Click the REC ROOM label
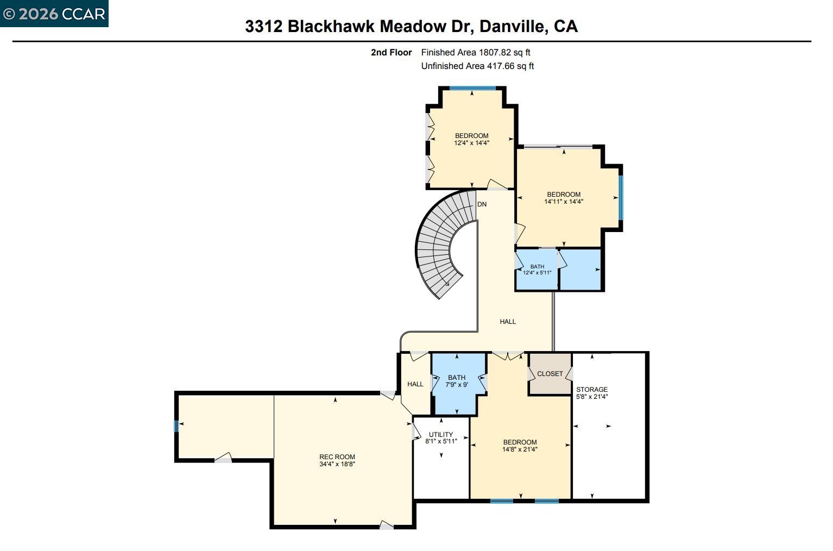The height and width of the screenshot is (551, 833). click(337, 457)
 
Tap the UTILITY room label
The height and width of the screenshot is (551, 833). click(440, 435)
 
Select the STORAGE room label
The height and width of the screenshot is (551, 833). click(591, 390)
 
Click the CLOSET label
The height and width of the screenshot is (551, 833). click(550, 374)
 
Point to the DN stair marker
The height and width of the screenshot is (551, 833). click(482, 204)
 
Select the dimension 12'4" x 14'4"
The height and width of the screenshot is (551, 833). click(471, 143)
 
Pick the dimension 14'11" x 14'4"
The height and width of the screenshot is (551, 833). click(564, 202)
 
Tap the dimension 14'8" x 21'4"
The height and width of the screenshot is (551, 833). click(520, 449)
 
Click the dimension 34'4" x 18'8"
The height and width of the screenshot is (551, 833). click(337, 464)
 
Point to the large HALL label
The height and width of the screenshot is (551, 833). click(508, 322)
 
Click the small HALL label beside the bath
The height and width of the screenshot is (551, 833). click(415, 384)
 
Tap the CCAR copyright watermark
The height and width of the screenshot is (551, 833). click(54, 14)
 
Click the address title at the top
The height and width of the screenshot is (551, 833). click(411, 26)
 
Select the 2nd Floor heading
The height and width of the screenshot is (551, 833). click(391, 53)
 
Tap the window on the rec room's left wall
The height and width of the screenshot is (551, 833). click(176, 426)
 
